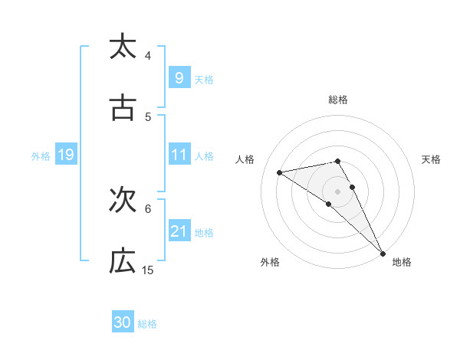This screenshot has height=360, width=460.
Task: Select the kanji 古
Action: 123,109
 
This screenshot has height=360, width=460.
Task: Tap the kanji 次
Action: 123,201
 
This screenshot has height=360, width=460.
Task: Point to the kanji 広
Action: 123,262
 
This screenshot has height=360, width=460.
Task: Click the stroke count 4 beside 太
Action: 148,56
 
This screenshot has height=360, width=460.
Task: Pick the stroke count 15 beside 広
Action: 148,270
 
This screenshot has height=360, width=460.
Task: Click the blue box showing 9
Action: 179,77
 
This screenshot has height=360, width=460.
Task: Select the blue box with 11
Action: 179,155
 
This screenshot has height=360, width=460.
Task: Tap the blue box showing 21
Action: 179,231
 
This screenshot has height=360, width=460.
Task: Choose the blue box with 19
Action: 65,155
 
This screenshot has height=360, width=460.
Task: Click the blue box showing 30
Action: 123,322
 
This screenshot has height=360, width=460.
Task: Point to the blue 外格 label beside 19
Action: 41,156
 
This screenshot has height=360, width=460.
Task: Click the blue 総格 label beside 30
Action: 148,324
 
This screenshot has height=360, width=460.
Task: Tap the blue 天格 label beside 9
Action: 203,79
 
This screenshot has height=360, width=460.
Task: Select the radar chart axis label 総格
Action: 338,100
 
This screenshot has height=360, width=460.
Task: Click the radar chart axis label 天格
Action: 431,159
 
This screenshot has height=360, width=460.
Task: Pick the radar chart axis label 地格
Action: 402,262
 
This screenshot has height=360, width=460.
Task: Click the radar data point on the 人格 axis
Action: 280,172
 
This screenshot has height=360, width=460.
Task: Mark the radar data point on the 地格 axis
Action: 383,253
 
